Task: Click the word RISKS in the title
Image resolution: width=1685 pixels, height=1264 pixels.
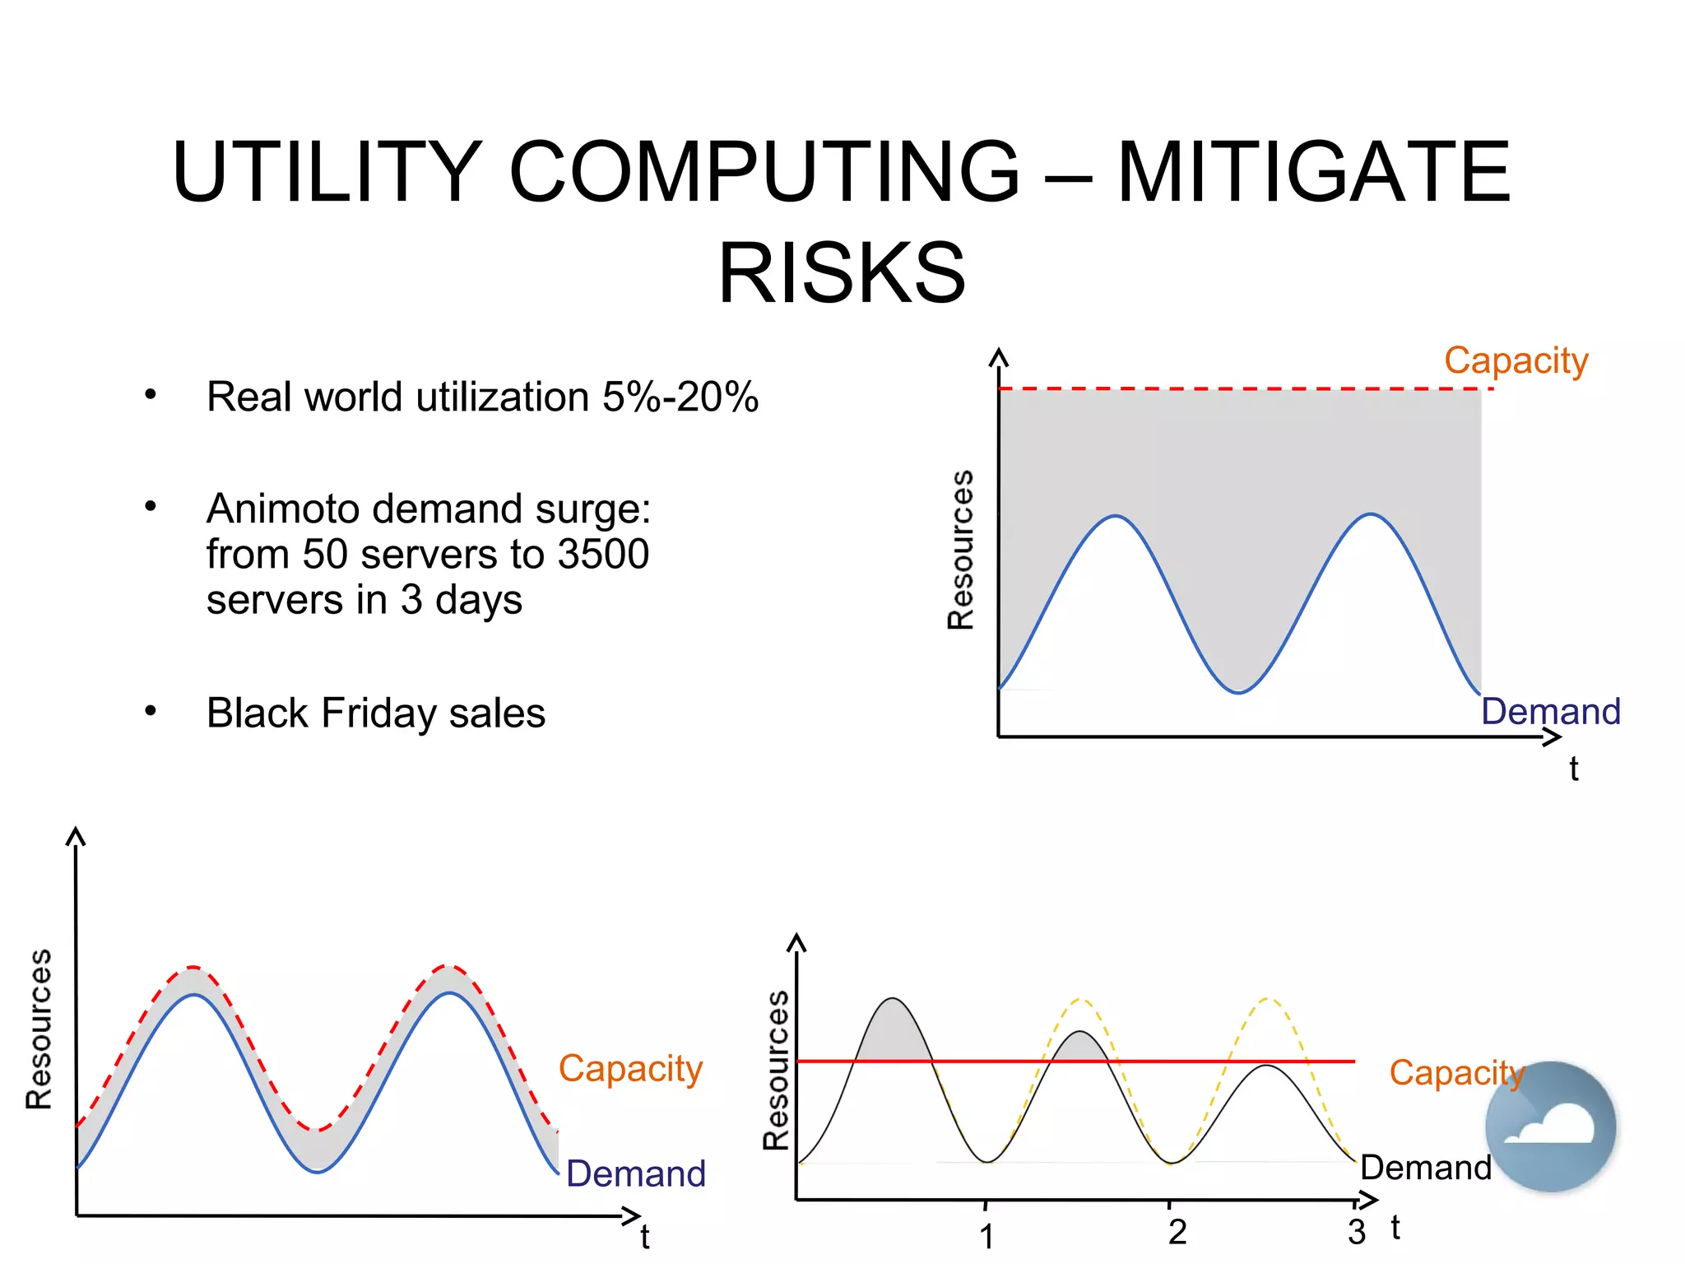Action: [842, 273]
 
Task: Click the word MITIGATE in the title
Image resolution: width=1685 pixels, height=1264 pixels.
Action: [1313, 173]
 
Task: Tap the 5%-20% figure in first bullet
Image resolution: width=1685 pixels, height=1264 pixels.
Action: [680, 397]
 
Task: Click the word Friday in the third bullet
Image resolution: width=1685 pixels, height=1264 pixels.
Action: [378, 713]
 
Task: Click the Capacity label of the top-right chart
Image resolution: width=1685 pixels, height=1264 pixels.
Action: [1516, 361]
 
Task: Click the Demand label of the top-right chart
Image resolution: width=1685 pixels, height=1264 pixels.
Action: [1550, 711]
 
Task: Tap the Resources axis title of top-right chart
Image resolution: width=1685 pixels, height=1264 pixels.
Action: [960, 550]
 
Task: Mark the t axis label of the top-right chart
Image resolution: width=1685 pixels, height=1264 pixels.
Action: [1573, 769]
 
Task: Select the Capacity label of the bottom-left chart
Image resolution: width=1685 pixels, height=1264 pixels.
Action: [630, 1069]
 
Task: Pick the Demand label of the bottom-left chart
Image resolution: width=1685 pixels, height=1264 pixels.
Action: [636, 1173]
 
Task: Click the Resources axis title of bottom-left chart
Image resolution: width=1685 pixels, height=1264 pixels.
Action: [39, 1029]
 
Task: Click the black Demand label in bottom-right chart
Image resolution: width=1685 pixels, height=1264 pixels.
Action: [1425, 1168]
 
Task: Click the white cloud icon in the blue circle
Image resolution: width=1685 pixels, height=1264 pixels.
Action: [1552, 1127]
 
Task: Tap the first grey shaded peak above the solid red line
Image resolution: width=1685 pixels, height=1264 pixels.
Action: [894, 1033]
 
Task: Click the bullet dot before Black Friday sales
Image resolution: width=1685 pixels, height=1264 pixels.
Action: [151, 710]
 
